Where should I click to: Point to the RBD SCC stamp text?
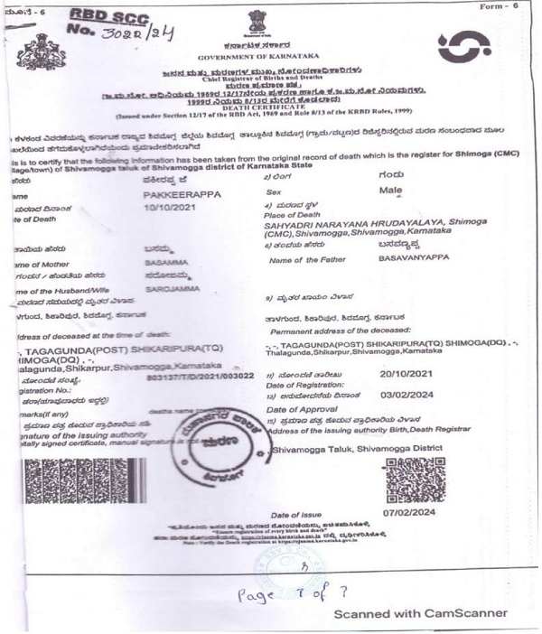pos(106,16)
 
